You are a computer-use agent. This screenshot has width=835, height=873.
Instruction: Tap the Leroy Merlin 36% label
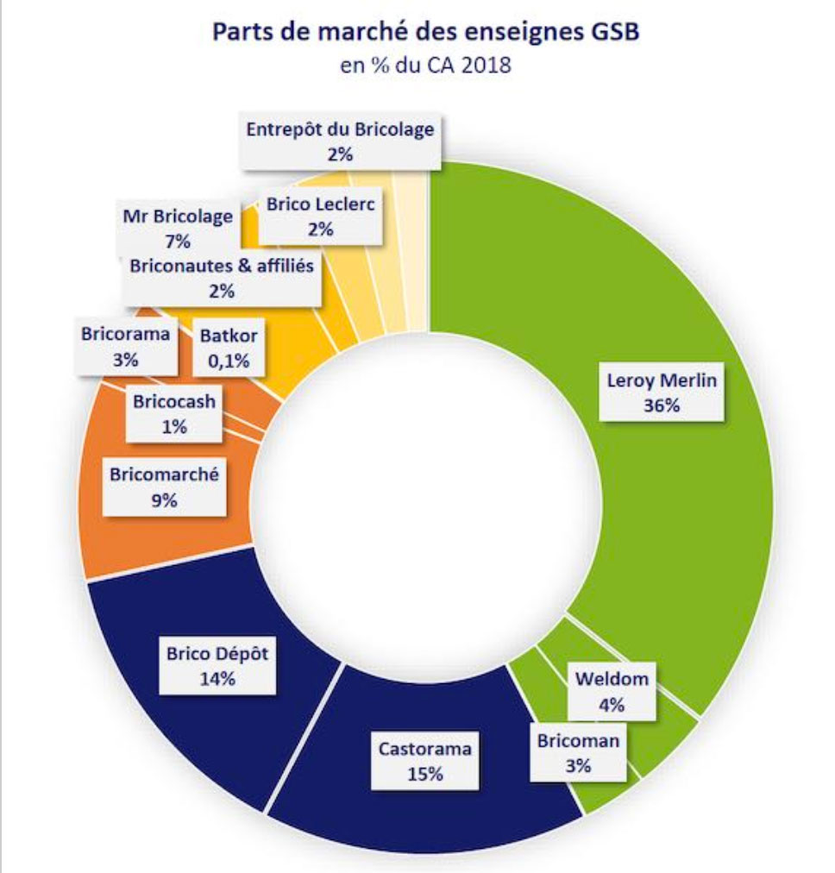tap(662, 392)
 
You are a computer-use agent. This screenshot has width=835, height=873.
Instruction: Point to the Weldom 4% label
tap(611, 691)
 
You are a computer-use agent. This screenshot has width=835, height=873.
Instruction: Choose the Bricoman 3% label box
tap(578, 752)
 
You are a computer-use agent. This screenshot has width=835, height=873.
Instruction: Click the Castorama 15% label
tap(425, 761)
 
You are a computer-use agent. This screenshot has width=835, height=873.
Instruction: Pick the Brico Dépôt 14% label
tap(217, 665)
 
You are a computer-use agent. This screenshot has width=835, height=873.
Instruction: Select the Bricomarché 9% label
tap(164, 486)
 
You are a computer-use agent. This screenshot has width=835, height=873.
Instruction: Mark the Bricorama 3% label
tap(126, 347)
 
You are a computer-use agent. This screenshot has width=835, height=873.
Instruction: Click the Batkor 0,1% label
tap(229, 348)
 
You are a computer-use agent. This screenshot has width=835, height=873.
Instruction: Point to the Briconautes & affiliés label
tap(222, 278)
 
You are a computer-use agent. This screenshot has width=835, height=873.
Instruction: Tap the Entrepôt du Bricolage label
tap(339, 141)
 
